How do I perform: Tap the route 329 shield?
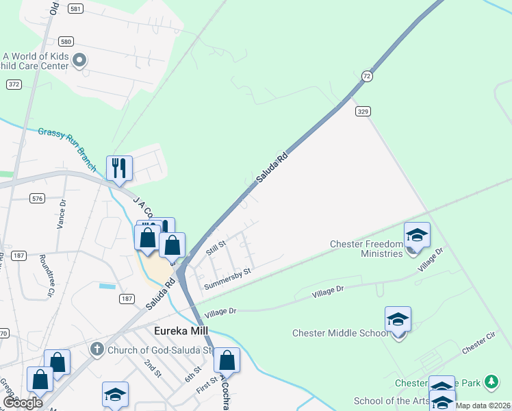pyautogui.click(x=363, y=110)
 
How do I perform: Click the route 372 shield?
pyautogui.click(x=14, y=84)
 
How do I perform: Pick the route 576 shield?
pyautogui.click(x=37, y=198)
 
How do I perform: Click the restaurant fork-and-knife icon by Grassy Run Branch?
pyautogui.click(x=119, y=168)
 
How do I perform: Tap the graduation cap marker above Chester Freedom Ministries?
pyautogui.click(x=417, y=235)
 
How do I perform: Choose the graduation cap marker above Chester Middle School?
pyautogui.click(x=398, y=319)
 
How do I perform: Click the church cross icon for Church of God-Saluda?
pyautogui.click(x=97, y=349)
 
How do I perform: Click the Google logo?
pyautogui.click(x=23, y=403)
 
